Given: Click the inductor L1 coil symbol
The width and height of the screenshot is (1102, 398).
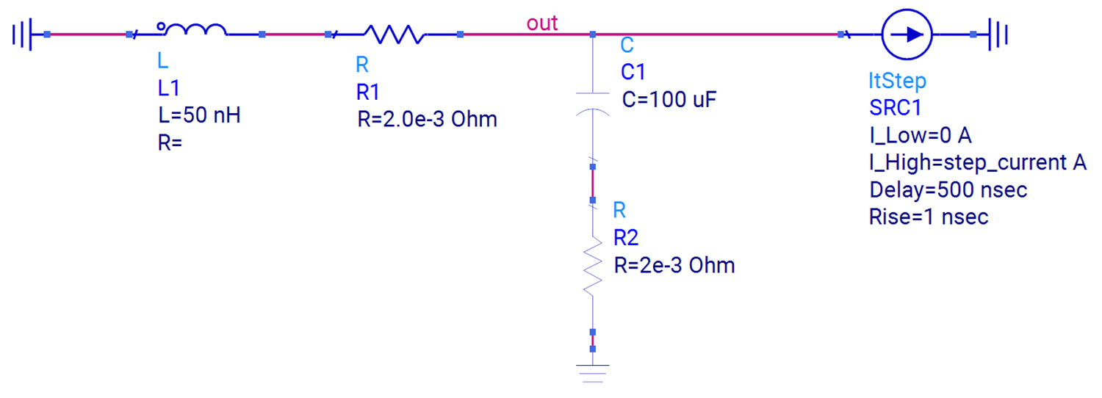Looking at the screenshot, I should click(x=194, y=31).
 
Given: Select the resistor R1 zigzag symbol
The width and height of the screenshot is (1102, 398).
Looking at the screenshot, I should click(x=393, y=34).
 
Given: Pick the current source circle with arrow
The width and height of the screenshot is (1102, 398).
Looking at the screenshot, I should click(x=907, y=34).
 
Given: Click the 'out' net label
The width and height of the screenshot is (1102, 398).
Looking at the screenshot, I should click(x=542, y=23).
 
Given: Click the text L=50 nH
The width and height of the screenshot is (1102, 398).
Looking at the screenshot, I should click(x=199, y=115).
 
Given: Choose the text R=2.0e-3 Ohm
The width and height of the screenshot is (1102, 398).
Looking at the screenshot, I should click(x=427, y=119).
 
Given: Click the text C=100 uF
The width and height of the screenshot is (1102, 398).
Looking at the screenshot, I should click(x=669, y=99).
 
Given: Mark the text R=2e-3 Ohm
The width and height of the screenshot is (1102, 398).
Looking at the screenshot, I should click(x=674, y=265).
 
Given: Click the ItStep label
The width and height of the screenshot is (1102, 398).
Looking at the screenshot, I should click(x=897, y=80).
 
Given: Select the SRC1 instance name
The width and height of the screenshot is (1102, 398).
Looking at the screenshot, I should click(x=895, y=107).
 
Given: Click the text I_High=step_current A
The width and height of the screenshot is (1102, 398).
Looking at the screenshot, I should click(x=977, y=162).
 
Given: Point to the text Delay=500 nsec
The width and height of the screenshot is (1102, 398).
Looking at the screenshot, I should click(x=948, y=189).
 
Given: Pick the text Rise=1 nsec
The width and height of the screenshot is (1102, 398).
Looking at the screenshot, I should click(x=928, y=217).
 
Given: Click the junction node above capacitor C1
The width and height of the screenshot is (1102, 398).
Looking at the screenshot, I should click(x=592, y=34).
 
